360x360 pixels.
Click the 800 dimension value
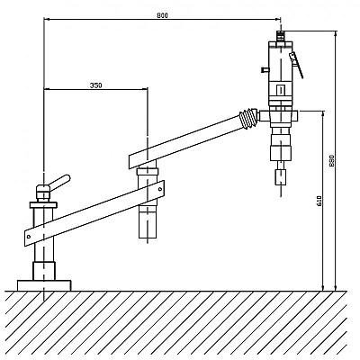point(162,15)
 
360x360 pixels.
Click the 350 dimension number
point(96,85)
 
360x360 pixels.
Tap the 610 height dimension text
point(319,201)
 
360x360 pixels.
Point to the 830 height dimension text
point(332,161)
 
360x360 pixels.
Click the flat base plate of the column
point(44,285)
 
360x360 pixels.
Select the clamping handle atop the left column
point(59,183)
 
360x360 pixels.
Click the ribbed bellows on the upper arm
point(248,119)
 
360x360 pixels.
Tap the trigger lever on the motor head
point(296,64)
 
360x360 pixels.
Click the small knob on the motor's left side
point(265,70)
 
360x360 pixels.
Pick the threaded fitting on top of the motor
point(280,36)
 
